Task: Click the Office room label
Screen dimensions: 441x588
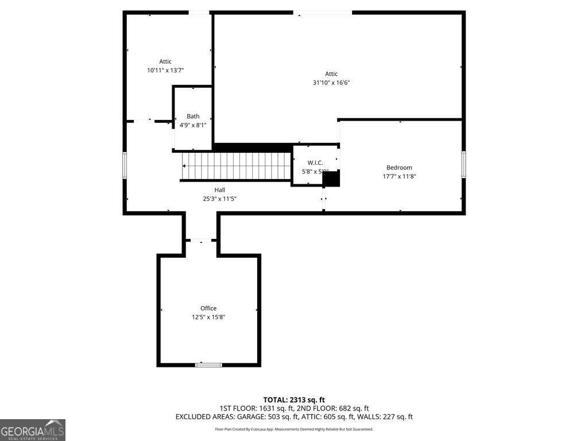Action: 208,308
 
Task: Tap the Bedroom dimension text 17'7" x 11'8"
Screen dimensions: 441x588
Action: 399,176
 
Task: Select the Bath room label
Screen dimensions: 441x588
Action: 193,117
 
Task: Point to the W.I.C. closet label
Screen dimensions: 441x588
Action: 315,163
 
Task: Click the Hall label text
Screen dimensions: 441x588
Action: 220,190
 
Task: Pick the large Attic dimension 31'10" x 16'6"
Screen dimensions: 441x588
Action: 331,83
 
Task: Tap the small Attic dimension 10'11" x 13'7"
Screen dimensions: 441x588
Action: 165,70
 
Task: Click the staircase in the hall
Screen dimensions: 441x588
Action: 237,166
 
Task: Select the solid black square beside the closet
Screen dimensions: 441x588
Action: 331,179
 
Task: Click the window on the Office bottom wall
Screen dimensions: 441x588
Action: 208,365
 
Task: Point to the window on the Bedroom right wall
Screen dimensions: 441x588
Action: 463,165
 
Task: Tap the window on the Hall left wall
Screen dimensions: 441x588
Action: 125,165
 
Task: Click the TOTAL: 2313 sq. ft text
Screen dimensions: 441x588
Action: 294,400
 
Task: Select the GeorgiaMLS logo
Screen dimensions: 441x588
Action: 33,430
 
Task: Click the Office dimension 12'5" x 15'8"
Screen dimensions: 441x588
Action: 208,317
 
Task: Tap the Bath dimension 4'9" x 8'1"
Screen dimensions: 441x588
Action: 193,125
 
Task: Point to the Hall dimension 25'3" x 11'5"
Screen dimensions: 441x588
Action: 220,199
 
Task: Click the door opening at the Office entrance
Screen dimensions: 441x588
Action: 201,240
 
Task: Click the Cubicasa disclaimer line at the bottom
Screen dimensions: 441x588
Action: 294,429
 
